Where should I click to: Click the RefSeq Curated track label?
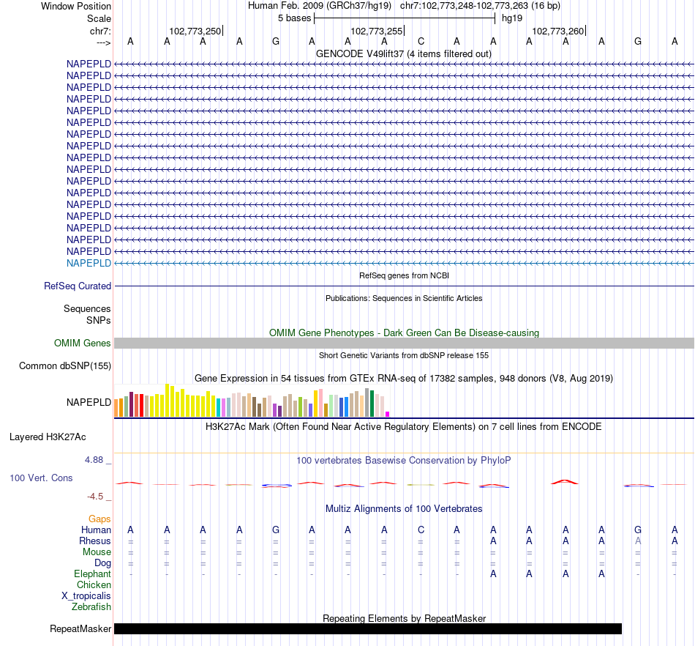(x=78, y=286)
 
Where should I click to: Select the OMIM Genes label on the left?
(x=83, y=344)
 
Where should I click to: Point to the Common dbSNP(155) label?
(x=65, y=366)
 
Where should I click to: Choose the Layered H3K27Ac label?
(x=48, y=437)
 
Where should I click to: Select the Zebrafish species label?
(x=91, y=607)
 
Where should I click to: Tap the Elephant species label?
(x=92, y=574)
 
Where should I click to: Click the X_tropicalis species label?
(x=86, y=596)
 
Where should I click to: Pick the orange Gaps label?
(x=99, y=519)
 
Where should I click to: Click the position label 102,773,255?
(x=377, y=31)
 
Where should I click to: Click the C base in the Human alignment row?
(x=421, y=530)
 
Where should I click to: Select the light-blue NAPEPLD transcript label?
(x=89, y=263)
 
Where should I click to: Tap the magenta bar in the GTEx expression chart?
(x=388, y=414)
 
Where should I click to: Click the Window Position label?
(x=76, y=6)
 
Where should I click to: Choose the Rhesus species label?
(x=95, y=541)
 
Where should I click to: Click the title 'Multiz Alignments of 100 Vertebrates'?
(x=404, y=509)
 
